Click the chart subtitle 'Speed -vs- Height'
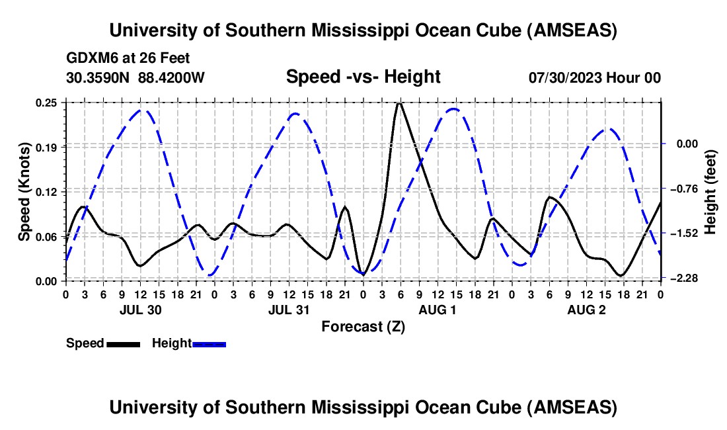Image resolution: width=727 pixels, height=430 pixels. [x=363, y=77]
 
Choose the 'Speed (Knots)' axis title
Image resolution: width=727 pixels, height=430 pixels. [x=24, y=191]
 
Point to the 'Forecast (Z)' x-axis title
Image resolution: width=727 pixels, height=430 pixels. [x=363, y=326]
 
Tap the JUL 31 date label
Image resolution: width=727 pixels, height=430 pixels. [x=288, y=310]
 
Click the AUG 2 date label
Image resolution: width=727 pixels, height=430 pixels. [x=586, y=310]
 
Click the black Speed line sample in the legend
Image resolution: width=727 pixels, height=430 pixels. [x=123, y=343]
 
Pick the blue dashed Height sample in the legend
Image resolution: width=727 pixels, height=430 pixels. [x=209, y=343]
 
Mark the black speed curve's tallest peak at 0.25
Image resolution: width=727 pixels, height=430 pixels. [x=399, y=103]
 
